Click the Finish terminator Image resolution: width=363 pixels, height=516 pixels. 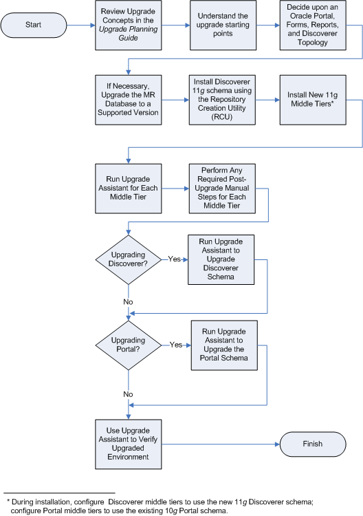312,444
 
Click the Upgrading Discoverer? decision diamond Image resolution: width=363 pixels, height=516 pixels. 128,259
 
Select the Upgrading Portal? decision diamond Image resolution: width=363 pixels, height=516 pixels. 128,345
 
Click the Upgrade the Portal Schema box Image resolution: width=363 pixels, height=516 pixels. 219,345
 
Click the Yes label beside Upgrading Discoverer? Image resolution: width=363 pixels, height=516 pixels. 175,259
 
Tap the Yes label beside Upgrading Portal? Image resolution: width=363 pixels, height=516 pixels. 177,345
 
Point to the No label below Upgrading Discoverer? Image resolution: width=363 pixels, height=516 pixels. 129,301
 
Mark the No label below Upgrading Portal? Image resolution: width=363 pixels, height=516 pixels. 129,394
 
